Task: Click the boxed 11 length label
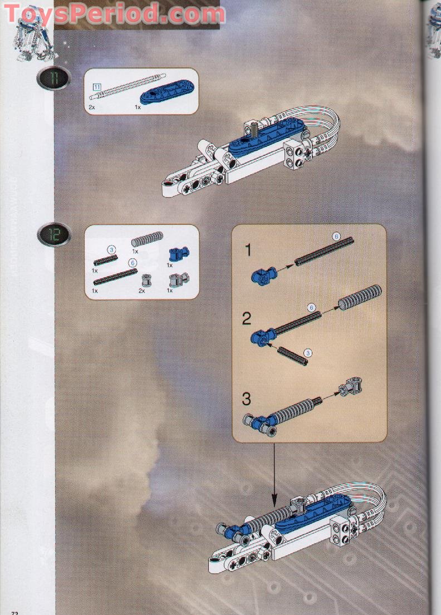click(97, 86)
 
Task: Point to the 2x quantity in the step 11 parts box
click(91, 106)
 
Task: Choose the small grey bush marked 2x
click(148, 279)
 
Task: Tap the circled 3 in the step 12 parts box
click(111, 250)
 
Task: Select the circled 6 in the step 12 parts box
click(133, 262)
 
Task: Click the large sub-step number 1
click(247, 251)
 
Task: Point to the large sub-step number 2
click(247, 319)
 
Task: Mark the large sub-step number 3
click(247, 399)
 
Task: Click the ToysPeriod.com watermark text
click(114, 13)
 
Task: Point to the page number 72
click(14, 612)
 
